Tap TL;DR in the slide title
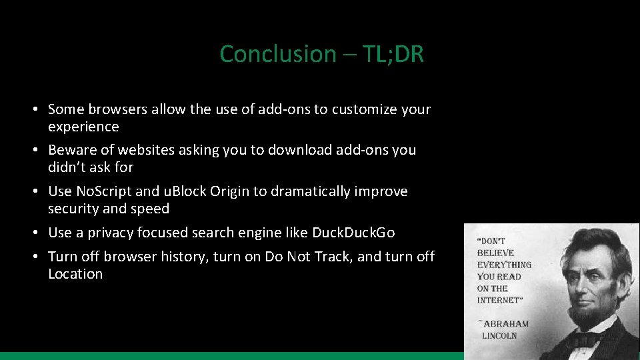click(x=393, y=54)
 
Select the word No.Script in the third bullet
click(x=104, y=191)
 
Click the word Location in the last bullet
click(x=75, y=274)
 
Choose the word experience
click(x=83, y=127)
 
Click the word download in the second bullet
click(x=299, y=150)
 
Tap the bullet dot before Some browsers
click(x=41, y=109)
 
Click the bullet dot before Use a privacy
click(x=41, y=233)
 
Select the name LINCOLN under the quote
click(x=499, y=335)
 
